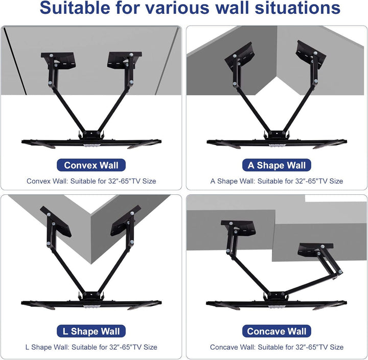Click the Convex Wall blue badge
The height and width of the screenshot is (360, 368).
tap(91, 165)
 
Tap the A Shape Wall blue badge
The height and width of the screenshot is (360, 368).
tap(277, 165)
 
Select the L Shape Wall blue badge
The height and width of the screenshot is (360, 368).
tap(91, 331)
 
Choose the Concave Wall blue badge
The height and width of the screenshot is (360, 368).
tap(277, 331)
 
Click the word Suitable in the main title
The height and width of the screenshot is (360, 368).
tap(75, 8)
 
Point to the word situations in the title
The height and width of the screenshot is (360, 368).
tap(297, 8)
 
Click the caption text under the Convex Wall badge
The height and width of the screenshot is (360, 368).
tap(91, 181)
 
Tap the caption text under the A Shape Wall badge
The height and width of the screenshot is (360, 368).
tap(277, 181)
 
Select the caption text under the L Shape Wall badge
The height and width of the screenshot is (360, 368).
tap(91, 347)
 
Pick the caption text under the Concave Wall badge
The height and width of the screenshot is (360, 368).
tap(277, 347)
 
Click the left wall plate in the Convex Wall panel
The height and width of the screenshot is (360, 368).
tap(58, 60)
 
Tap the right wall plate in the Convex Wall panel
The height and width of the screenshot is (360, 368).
tap(124, 60)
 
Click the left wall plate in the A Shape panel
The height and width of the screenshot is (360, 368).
tap(240, 55)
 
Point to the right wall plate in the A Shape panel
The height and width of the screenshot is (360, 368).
tap(311, 54)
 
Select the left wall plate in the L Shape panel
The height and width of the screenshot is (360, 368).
tap(56, 222)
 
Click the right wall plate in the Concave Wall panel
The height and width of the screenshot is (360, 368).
tap(315, 250)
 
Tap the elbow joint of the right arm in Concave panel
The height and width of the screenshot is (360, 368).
tap(340, 272)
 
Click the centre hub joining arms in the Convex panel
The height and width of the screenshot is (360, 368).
tap(91, 135)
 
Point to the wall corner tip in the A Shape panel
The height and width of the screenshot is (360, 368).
tap(277, 77)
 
